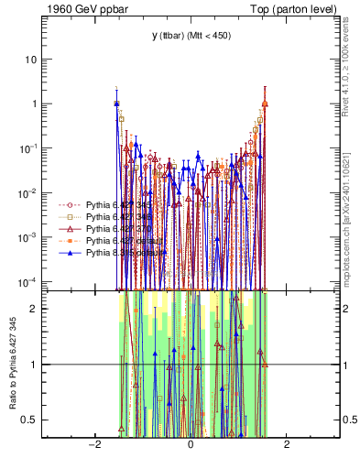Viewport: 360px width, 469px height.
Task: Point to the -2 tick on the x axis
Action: [93, 444]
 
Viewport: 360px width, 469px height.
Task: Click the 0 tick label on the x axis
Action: [191, 444]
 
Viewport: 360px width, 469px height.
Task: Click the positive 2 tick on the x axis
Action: [287, 444]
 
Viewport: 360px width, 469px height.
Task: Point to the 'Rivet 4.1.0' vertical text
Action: [348, 73]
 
